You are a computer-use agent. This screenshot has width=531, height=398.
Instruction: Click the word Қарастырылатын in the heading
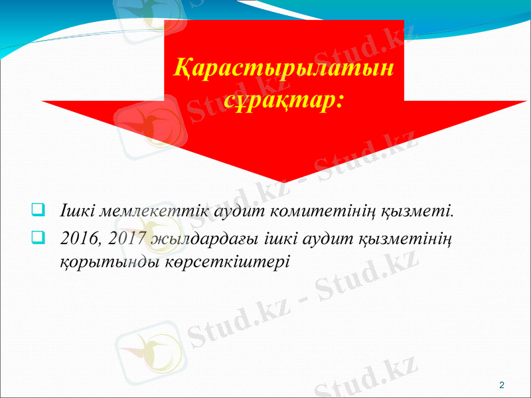tap(282, 68)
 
